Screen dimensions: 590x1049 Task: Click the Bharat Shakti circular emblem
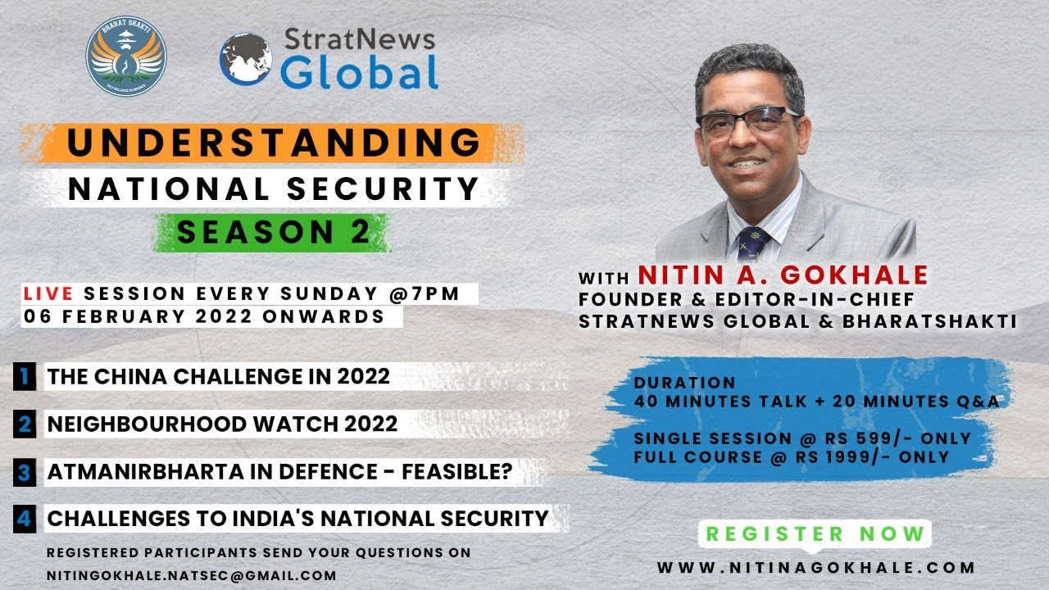125,56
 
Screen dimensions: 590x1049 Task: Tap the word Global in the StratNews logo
359,72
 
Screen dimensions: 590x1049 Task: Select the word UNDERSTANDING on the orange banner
274,142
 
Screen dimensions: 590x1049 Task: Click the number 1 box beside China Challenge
25,377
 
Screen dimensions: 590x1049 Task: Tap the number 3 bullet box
25,473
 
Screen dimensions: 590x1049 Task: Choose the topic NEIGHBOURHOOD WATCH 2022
222,424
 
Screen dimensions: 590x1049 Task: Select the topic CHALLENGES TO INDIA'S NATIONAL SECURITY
297,519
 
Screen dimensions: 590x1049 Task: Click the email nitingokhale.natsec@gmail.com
191,575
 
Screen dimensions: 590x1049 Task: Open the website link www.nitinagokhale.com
816,567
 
